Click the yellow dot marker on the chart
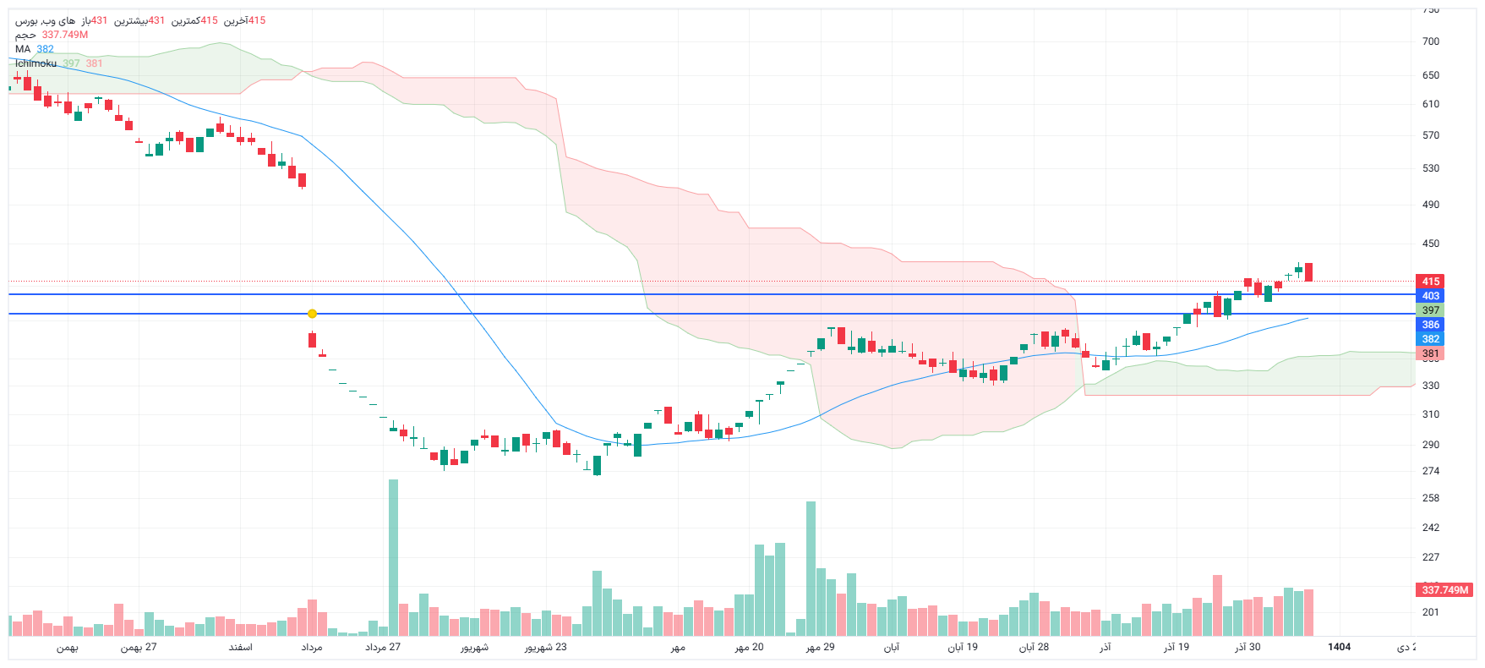313,314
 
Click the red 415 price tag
1430,282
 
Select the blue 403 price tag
1430,296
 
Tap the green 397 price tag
1430,310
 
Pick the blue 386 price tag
1430,325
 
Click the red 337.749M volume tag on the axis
1444,590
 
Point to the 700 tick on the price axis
1430,41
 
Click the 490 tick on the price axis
1430,205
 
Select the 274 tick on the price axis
1430,471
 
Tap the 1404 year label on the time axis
1339,647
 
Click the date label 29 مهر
820,647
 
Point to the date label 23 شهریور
545,647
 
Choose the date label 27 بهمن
139,647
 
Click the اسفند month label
240,647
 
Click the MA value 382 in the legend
45,49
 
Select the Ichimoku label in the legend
35,63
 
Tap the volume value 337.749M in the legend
65,35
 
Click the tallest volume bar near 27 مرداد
393,558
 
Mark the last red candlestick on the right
1308,272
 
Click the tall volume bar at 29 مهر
811,568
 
